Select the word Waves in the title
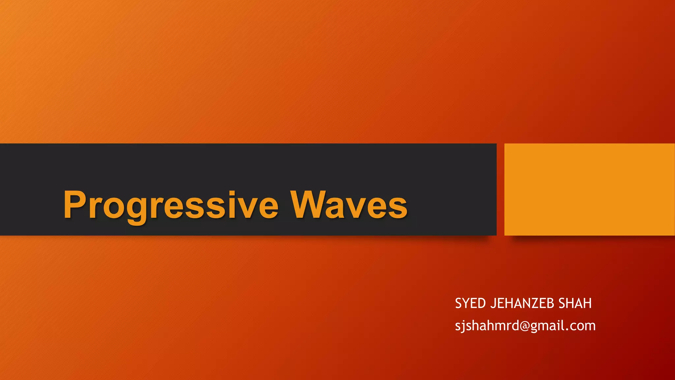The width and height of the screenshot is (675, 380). pyautogui.click(x=349, y=205)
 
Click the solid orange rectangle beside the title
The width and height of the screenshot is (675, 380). pyautogui.click(x=589, y=189)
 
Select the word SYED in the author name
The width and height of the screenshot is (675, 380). pyautogui.click(x=470, y=303)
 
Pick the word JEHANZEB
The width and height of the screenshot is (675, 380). pyautogui.click(x=522, y=303)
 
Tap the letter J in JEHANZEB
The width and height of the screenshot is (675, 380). pyautogui.click(x=493, y=303)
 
